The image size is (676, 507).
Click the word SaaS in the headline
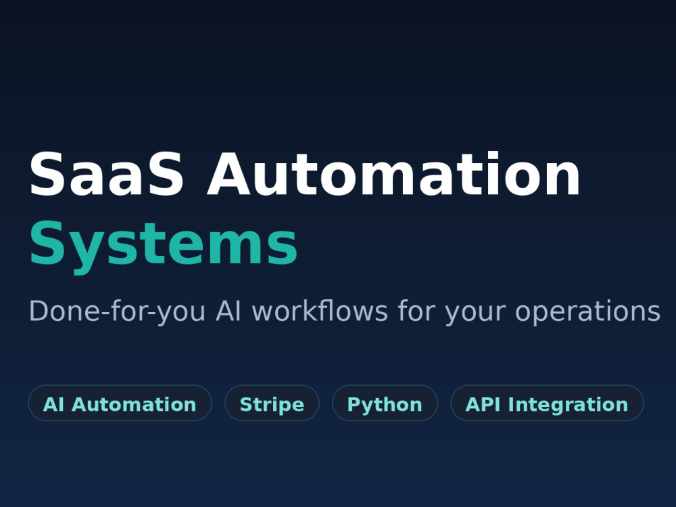[107, 174]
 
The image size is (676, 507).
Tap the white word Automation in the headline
[393, 174]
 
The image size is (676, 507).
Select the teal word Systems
[164, 245]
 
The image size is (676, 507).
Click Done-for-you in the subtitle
[117, 311]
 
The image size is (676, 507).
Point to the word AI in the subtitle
[228, 311]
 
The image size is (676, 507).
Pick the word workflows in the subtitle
[320, 310]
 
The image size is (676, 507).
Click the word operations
[587, 311]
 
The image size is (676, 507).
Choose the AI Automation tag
[120, 403]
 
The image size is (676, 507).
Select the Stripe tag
[272, 403]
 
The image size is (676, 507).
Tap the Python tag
[385, 403]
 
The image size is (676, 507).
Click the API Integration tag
[547, 403]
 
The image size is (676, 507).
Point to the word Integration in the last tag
[569, 405]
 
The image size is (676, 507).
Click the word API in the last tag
[483, 404]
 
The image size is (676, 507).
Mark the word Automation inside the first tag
[134, 405]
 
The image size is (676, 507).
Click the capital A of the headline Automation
[228, 174]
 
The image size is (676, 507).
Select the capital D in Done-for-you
[39, 311]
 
